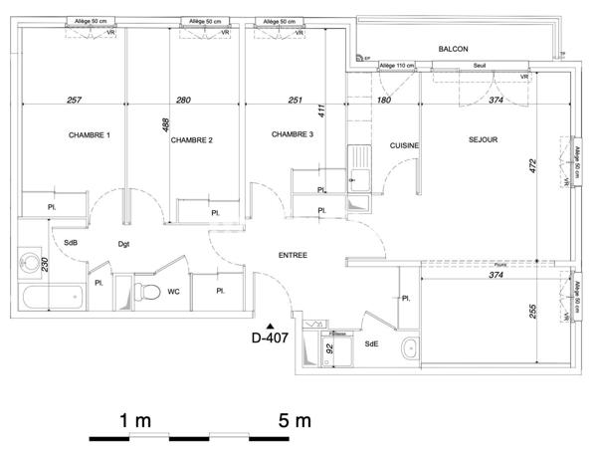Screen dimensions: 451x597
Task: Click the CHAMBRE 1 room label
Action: coord(89,135)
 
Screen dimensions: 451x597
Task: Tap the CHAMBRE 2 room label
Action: coord(191,140)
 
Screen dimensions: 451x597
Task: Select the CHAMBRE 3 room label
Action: coord(293,135)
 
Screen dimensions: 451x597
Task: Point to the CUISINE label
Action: coord(404,145)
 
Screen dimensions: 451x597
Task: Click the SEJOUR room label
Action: coord(483,140)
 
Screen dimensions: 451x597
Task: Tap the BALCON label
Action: coord(453,49)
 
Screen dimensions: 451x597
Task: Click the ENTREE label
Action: coord(292,256)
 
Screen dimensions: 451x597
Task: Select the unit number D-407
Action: coord(270,337)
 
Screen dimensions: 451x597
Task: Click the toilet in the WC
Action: coord(148,292)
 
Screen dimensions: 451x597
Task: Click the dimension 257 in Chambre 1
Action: coord(74,100)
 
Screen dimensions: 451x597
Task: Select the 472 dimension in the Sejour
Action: coord(530,165)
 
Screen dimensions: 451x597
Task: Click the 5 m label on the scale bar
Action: coord(296,420)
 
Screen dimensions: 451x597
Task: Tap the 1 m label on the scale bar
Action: coord(135,420)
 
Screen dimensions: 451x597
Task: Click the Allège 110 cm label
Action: coord(395,66)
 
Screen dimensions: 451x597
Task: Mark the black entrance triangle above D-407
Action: coord(257,316)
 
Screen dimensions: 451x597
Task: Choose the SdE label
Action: coord(371,343)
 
